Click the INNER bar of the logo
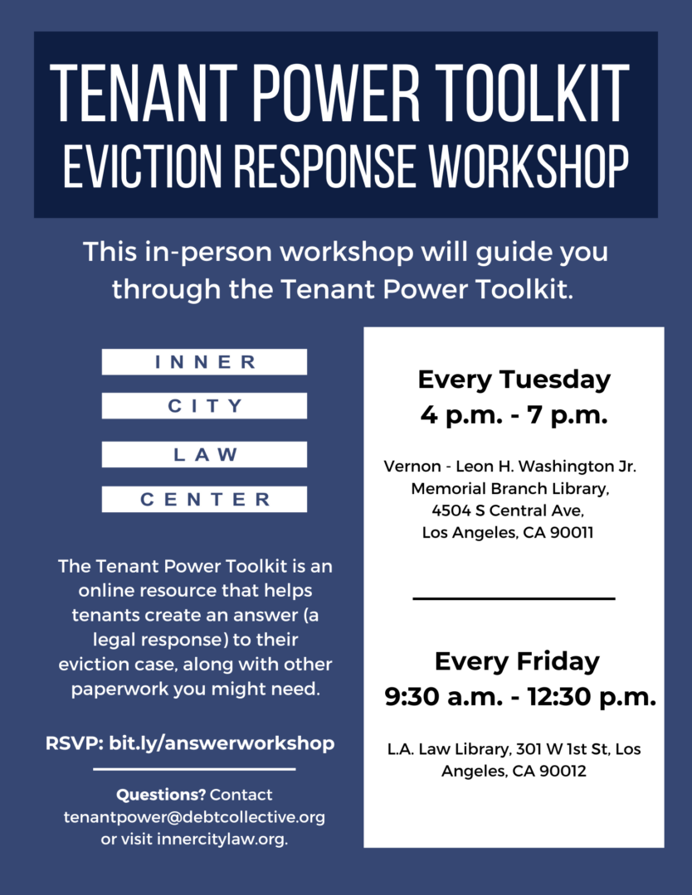(x=205, y=362)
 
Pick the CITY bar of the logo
(x=205, y=406)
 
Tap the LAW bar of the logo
(x=205, y=454)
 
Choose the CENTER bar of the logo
(x=205, y=500)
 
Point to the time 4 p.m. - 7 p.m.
(x=514, y=415)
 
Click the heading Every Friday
(x=517, y=661)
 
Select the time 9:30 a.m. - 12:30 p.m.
(x=520, y=696)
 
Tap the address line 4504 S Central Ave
(x=508, y=510)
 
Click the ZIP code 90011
(x=572, y=533)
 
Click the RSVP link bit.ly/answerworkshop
(x=222, y=743)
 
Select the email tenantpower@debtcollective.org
(x=194, y=817)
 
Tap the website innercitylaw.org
(x=222, y=839)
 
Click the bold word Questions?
(x=161, y=795)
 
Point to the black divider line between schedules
(x=514, y=599)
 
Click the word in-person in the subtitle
(x=208, y=252)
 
